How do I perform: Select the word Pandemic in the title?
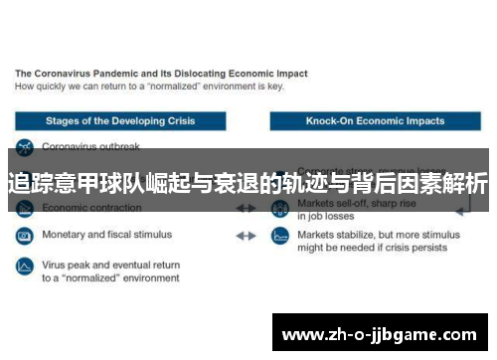[123, 74]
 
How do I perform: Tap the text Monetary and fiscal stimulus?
[106, 235]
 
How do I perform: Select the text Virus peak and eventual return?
[110, 266]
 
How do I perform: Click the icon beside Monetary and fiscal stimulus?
[25, 236]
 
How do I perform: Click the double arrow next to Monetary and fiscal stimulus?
[246, 236]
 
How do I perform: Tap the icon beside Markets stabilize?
[280, 237]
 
